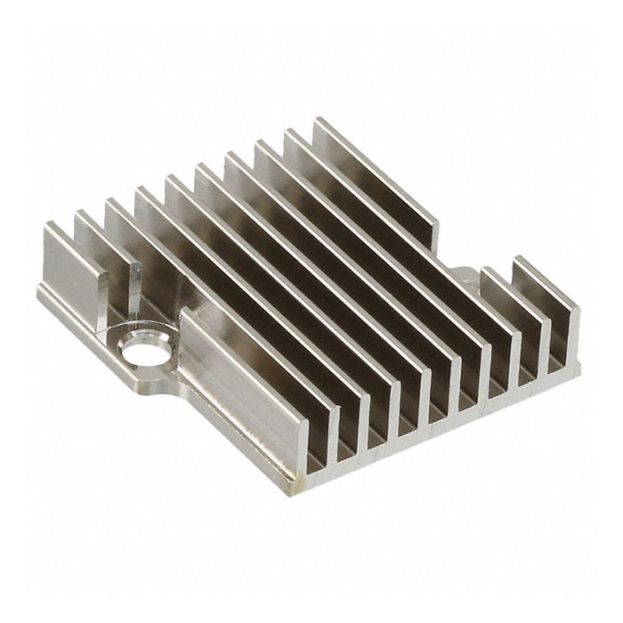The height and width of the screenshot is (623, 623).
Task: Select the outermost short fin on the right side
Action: click(x=552, y=303)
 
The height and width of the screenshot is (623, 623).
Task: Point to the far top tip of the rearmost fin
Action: click(x=317, y=119)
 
